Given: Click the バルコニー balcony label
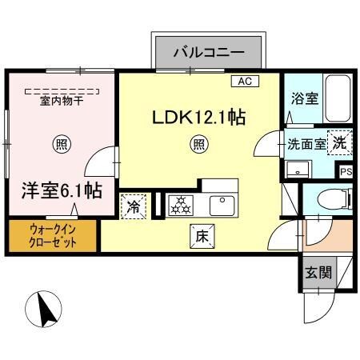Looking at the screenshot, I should click(210, 53).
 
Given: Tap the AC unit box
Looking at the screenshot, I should click(244, 82).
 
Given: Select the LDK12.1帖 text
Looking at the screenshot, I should click(199, 117).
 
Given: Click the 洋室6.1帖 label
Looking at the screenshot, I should click(61, 190).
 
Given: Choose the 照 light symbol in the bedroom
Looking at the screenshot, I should click(60, 145).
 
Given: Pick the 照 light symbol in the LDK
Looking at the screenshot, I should click(198, 145).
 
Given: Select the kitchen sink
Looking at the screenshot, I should click(222, 206).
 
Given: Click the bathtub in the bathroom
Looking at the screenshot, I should click(338, 100).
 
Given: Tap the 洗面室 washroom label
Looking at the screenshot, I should click(306, 145).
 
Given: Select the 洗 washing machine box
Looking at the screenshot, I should click(341, 142).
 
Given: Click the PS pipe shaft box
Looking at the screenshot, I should click(346, 171).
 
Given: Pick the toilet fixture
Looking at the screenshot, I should click(334, 198).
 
